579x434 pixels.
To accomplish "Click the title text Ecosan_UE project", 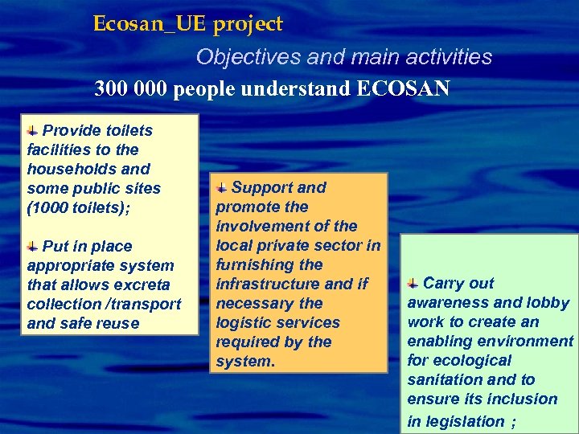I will [187, 24].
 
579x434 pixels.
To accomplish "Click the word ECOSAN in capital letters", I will [401, 88].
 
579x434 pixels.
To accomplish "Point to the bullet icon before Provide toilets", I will [32, 130].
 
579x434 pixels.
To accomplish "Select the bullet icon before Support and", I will [222, 188].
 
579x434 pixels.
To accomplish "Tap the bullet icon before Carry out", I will [413, 284].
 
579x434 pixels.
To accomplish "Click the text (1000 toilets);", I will [78, 207].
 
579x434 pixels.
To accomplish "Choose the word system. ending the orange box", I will [245, 361].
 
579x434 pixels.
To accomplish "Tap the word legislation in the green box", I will [456, 420].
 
